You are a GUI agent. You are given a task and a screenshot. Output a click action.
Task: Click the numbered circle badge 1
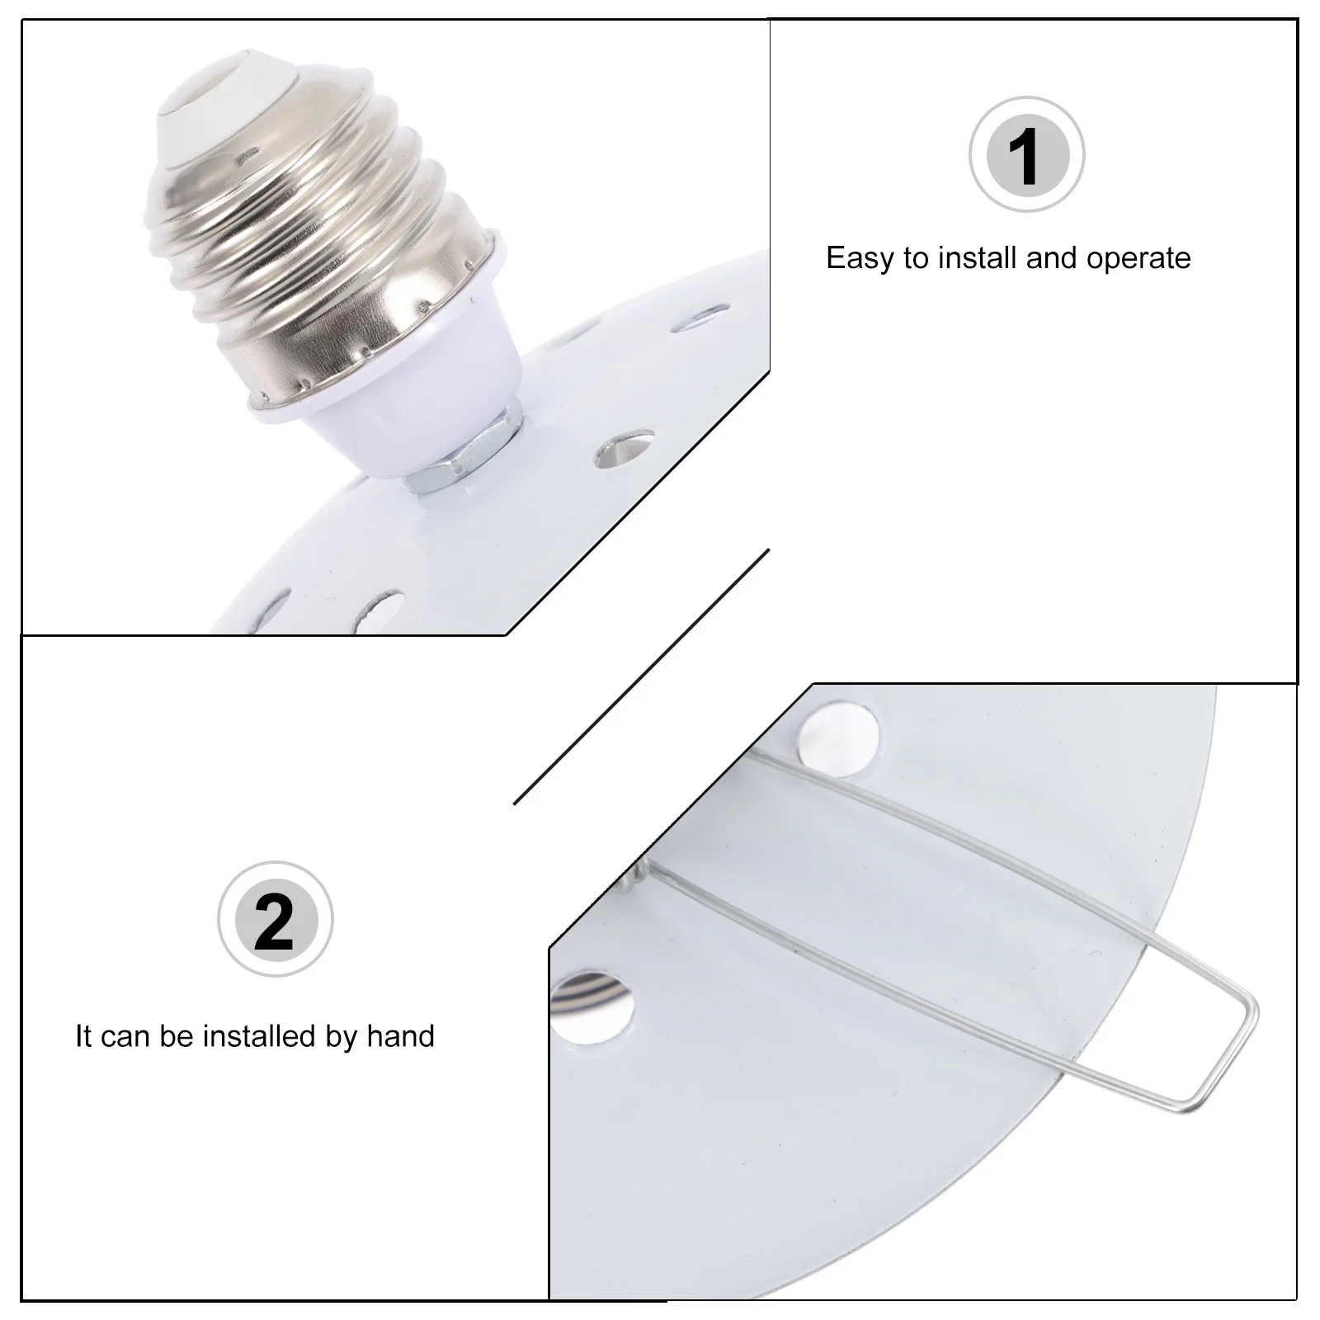[x=1026, y=155]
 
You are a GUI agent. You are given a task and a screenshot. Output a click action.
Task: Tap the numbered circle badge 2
[x=275, y=919]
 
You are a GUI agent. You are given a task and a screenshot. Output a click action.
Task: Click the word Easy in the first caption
[x=860, y=259]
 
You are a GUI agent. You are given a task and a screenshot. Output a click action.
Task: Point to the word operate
[x=1138, y=259]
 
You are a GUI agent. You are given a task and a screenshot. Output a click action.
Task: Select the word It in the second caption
[x=83, y=1036]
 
